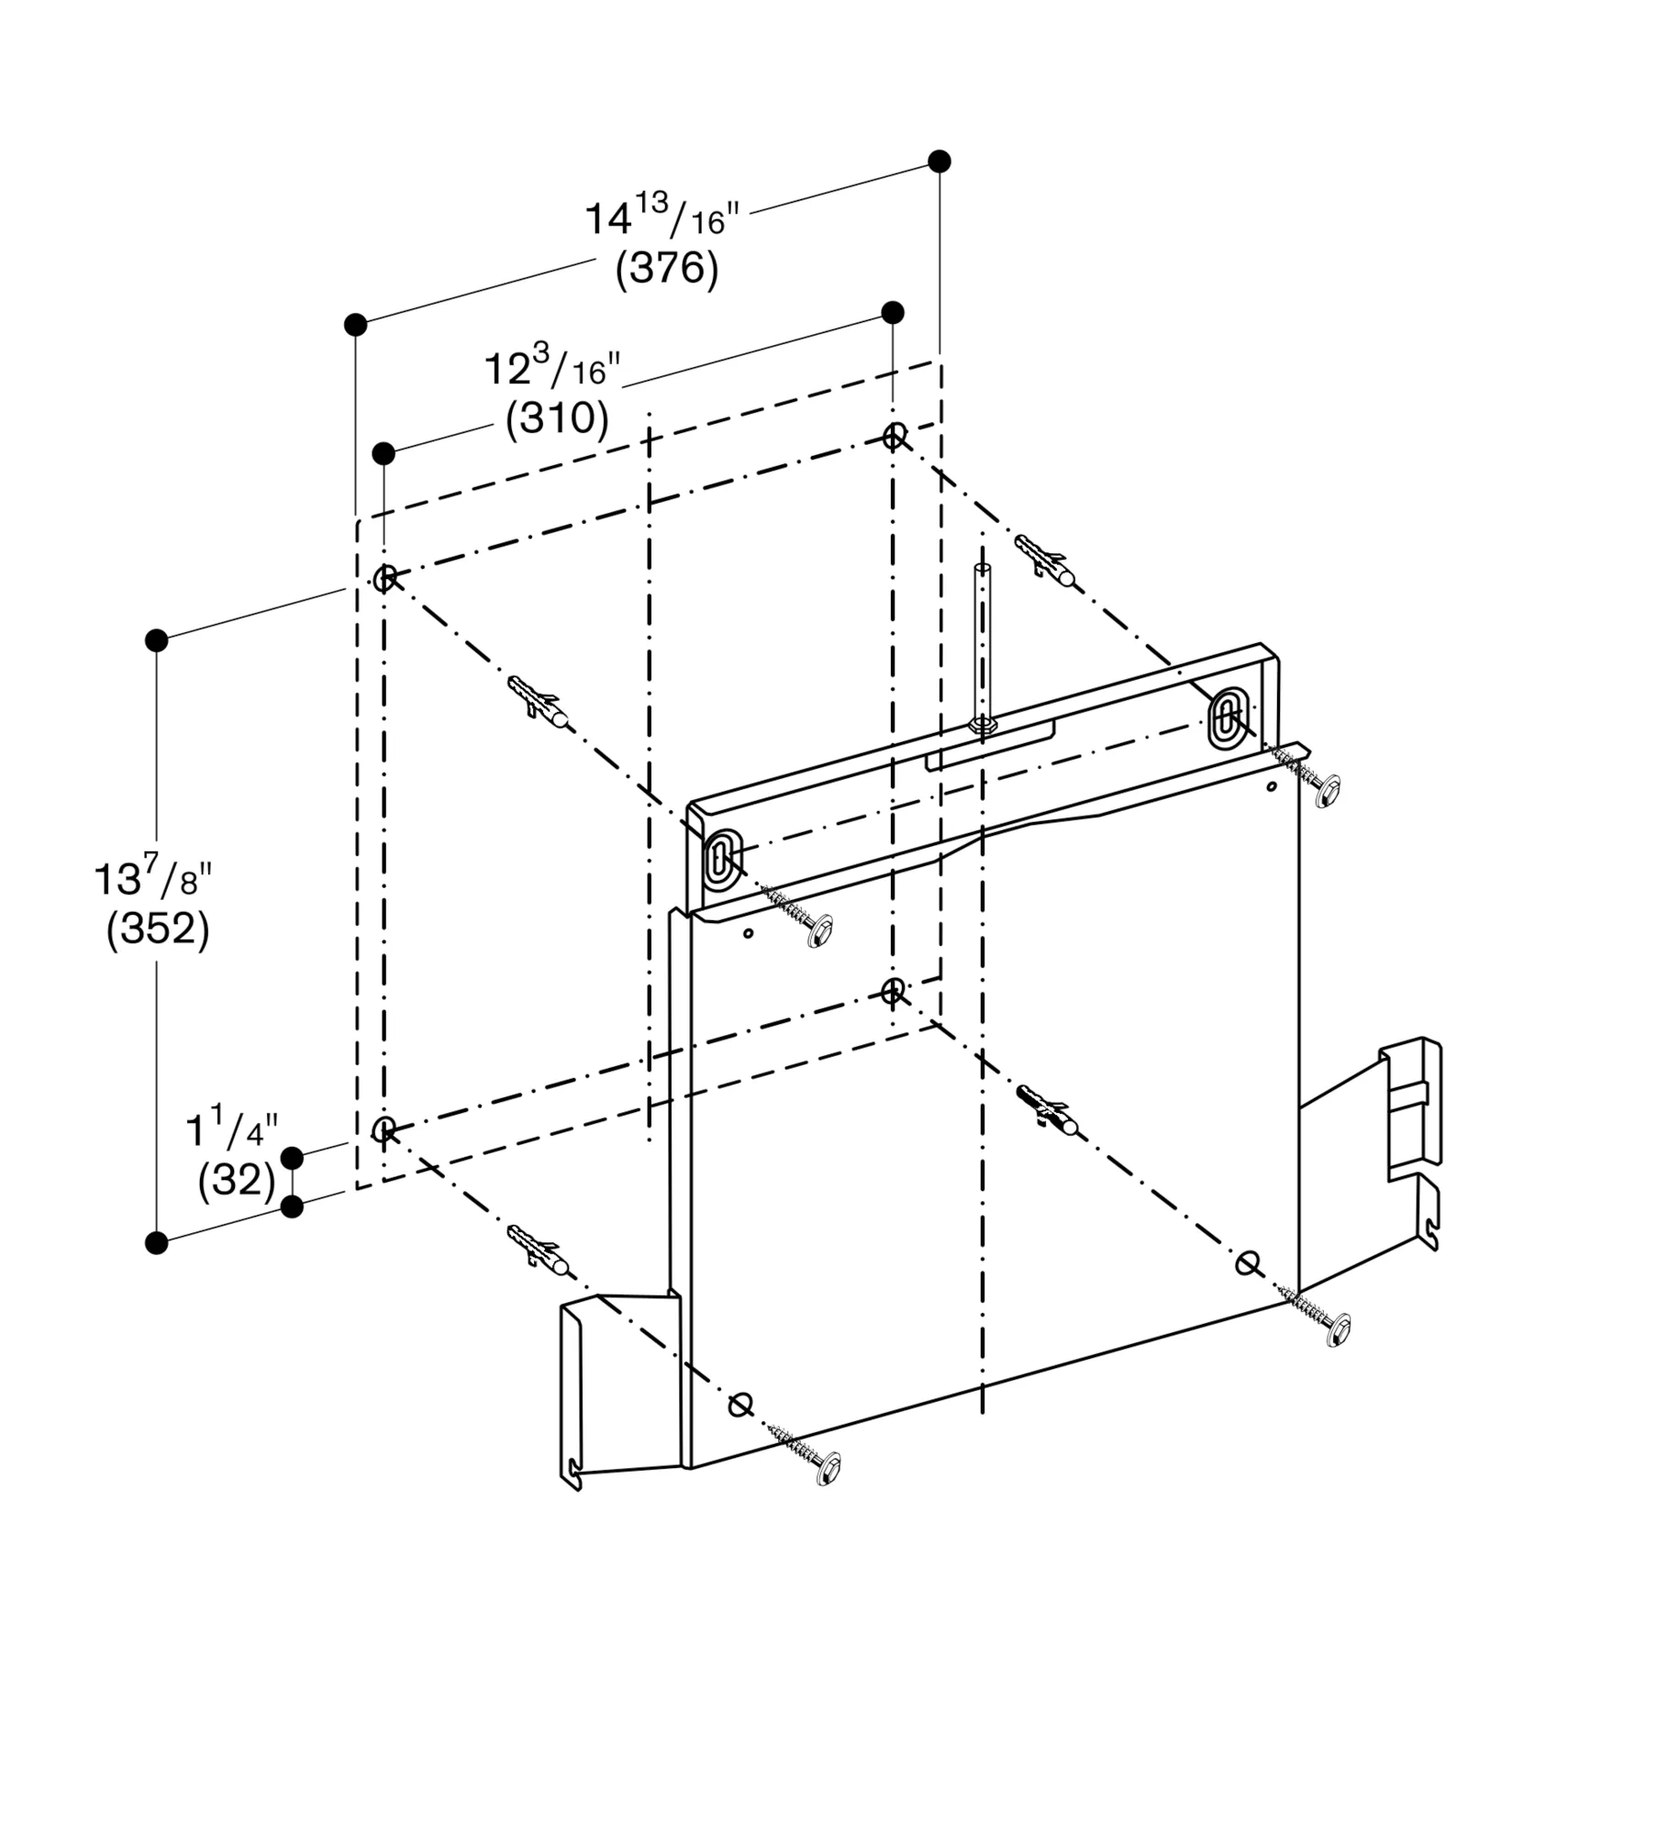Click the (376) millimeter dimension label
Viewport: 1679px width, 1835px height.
667,269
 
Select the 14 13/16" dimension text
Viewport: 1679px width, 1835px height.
662,218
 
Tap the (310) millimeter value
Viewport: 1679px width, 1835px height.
557,418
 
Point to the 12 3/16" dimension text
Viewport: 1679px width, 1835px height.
551,369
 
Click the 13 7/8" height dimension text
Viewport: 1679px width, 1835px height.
153,878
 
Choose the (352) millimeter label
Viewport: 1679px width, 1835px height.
158,929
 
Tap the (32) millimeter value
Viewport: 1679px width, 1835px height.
236,1180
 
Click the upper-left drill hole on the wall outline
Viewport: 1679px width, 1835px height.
384,578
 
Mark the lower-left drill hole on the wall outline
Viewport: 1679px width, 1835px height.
384,1129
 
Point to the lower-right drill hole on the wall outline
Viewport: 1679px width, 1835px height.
892,991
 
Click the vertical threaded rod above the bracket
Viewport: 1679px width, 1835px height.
983,642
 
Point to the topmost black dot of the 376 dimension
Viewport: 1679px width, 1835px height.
939,161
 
